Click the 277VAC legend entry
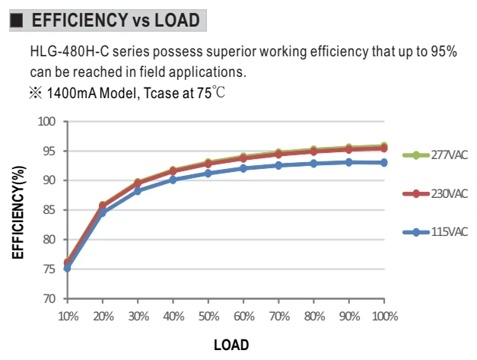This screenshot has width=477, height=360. [435, 155]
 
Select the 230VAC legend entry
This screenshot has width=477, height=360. [435, 193]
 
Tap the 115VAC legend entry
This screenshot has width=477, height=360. [435, 232]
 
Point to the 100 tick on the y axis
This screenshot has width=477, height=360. [46, 122]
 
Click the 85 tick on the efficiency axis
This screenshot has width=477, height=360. [49, 210]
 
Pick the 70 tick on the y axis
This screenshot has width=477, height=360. [49, 298]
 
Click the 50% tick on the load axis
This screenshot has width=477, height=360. [208, 317]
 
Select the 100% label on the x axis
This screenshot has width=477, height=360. [385, 317]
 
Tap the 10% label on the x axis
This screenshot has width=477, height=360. [68, 317]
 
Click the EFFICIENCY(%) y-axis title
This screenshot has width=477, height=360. [18, 212]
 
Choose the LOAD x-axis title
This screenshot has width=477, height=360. [231, 345]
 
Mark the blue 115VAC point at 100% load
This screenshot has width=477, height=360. [384, 163]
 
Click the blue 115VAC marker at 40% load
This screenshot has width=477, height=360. [173, 180]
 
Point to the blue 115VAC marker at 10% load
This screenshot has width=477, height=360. [67, 269]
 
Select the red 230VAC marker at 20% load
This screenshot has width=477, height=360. [103, 205]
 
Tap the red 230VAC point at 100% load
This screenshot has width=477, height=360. [384, 148]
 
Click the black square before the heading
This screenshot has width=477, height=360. [17, 21]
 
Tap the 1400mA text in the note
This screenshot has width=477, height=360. [72, 93]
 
